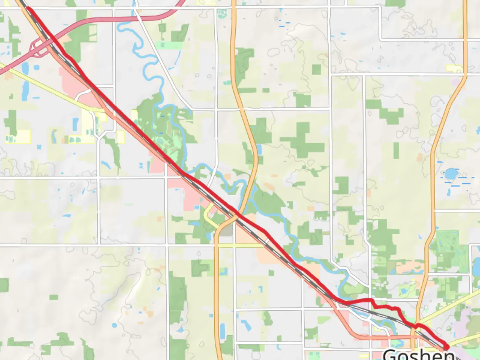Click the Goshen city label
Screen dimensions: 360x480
[x=417, y=354]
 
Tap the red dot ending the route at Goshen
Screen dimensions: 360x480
[x=446, y=347]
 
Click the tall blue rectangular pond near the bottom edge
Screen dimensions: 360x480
[x=222, y=330]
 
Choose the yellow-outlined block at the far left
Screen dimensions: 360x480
[x=18, y=137]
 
